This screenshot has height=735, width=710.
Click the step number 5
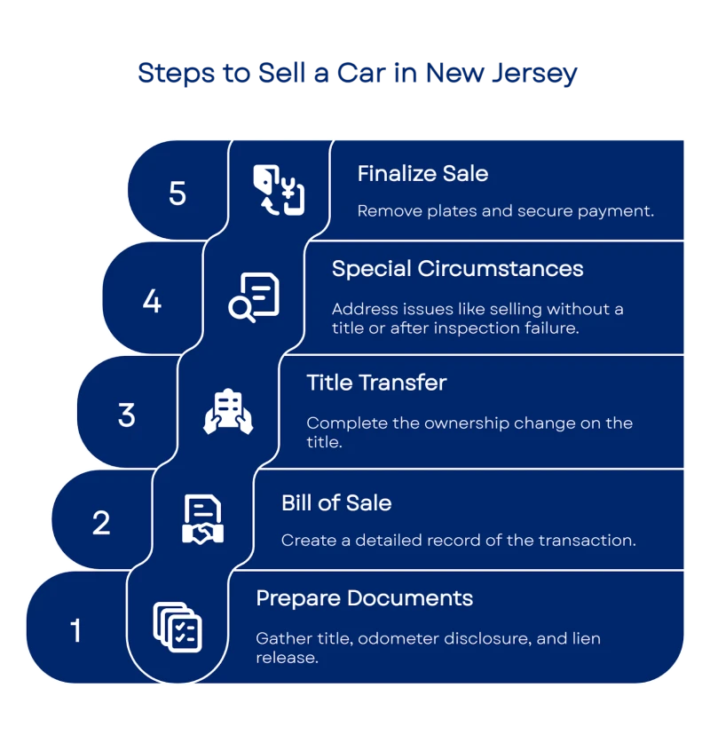(177, 193)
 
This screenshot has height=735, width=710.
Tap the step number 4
(152, 301)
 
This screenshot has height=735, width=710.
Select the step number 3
(127, 415)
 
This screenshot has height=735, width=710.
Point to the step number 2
(101, 522)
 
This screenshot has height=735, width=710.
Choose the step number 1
(75, 631)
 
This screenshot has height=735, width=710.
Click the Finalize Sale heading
(422, 173)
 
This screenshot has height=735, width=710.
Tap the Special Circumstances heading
(457, 268)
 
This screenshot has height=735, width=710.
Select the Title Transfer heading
(376, 383)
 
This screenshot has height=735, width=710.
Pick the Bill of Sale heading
(336, 502)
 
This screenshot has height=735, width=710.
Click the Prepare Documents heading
(364, 597)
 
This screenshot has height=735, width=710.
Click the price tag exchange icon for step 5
(279, 189)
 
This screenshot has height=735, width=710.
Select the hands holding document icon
(228, 412)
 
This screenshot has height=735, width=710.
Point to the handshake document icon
(203, 520)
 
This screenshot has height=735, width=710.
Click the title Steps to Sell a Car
(356, 74)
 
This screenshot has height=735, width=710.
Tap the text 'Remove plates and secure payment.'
(505, 211)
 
